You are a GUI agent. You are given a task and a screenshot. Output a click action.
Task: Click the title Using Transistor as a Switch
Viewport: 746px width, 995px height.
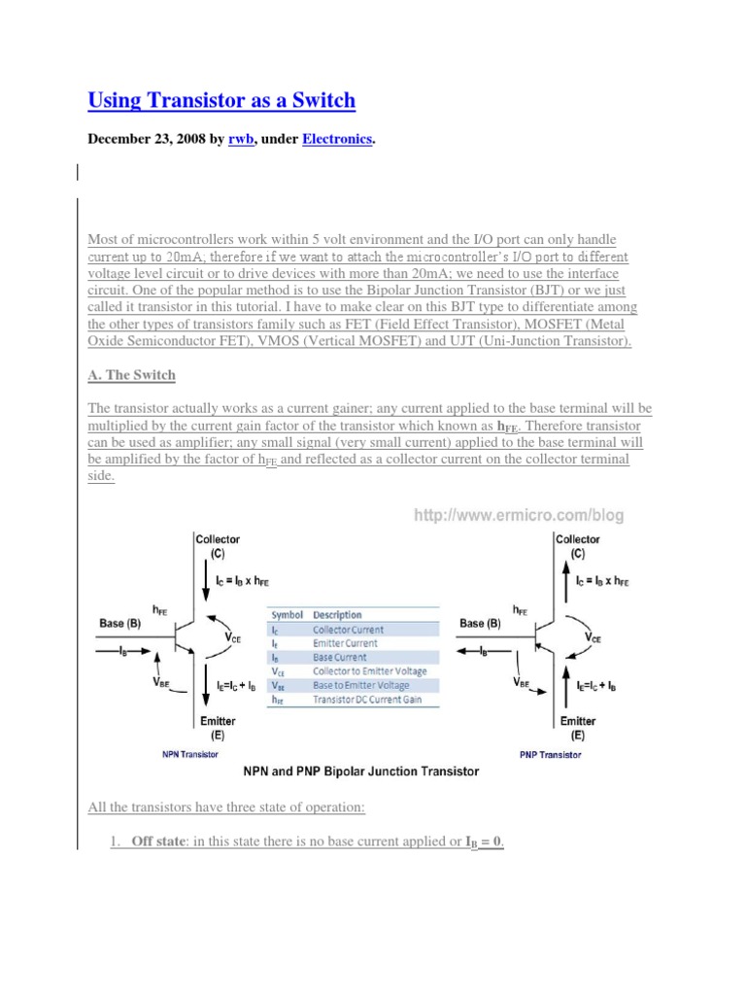pos(221,100)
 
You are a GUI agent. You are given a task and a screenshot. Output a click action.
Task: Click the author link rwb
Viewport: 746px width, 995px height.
pos(241,140)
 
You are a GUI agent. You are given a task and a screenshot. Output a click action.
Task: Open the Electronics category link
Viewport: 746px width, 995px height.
pos(337,140)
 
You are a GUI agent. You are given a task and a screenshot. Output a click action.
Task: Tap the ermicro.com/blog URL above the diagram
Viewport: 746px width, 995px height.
pos(519,516)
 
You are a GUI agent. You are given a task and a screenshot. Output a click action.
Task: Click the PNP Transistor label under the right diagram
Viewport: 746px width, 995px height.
pos(551,753)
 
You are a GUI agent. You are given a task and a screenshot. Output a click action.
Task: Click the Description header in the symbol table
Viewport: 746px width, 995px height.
pos(339,615)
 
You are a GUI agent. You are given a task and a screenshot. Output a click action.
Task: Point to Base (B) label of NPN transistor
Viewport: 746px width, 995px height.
pos(119,623)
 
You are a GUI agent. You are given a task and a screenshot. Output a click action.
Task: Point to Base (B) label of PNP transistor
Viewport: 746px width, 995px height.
pos(481,623)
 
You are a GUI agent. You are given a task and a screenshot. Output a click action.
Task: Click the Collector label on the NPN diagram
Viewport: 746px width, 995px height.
pos(218,539)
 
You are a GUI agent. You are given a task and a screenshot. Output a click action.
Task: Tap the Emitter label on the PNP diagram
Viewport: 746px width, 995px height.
pos(578,721)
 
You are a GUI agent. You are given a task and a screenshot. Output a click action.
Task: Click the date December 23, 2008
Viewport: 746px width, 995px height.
pos(146,140)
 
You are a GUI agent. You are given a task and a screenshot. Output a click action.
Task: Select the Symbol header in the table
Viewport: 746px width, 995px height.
pos(287,615)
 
